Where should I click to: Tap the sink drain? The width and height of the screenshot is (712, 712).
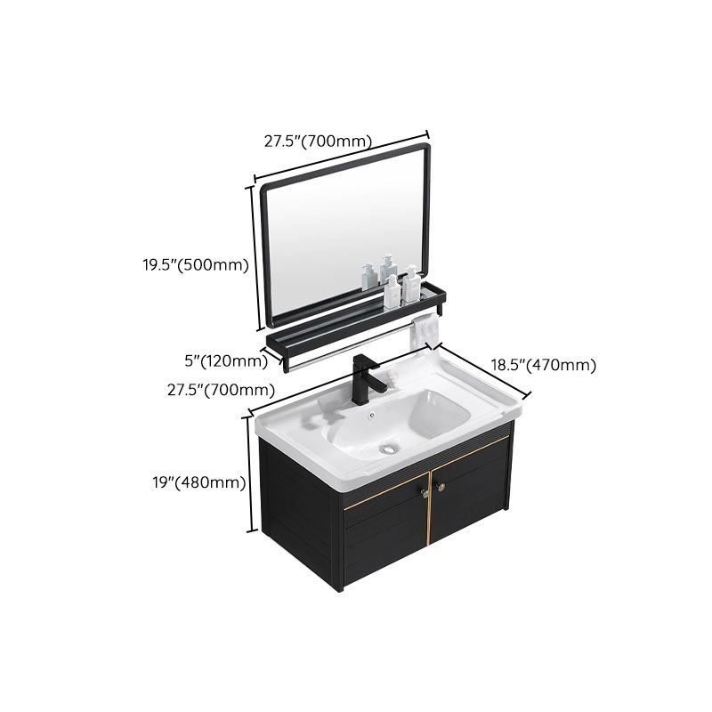tap(388, 449)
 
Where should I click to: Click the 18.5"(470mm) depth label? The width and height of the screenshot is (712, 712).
tap(544, 365)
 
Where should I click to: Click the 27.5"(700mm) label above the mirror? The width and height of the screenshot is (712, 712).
tap(318, 142)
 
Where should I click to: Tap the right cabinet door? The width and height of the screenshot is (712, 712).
tap(472, 516)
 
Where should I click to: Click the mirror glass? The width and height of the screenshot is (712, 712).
tap(338, 240)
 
